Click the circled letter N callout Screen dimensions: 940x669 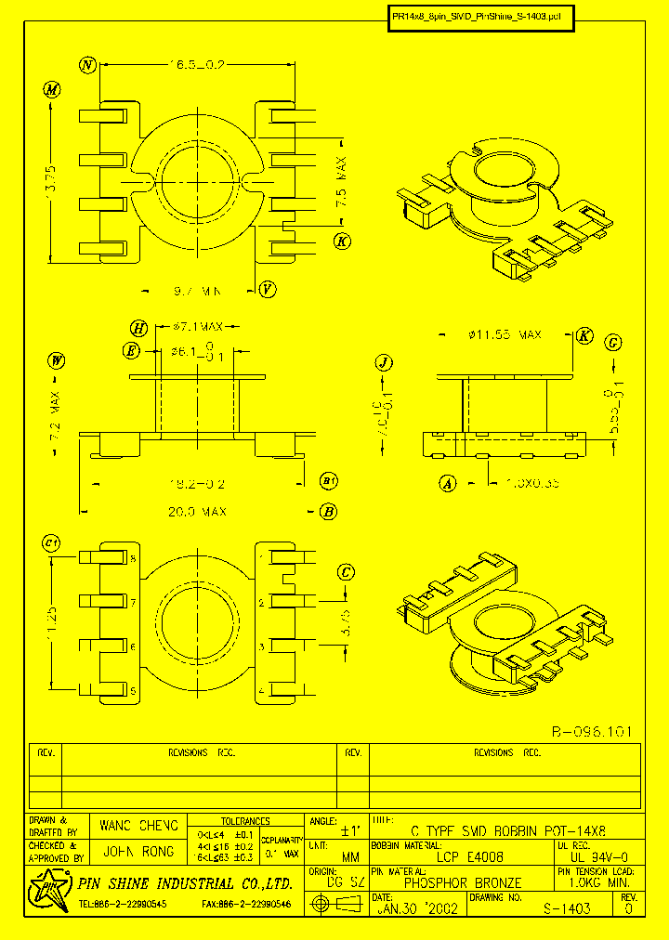click(88, 65)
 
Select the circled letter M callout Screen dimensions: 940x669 click(52, 90)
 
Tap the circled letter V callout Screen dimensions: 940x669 click(268, 289)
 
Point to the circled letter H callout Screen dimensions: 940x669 click(139, 328)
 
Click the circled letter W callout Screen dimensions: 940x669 click(57, 360)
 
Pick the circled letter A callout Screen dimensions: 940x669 click(448, 483)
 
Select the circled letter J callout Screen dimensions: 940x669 click(384, 362)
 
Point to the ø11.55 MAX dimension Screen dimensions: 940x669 click(505, 334)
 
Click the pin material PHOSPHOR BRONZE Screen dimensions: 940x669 click(463, 883)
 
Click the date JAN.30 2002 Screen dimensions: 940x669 click(417, 909)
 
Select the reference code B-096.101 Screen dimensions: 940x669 click(590, 732)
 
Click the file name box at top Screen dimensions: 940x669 click(481, 16)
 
